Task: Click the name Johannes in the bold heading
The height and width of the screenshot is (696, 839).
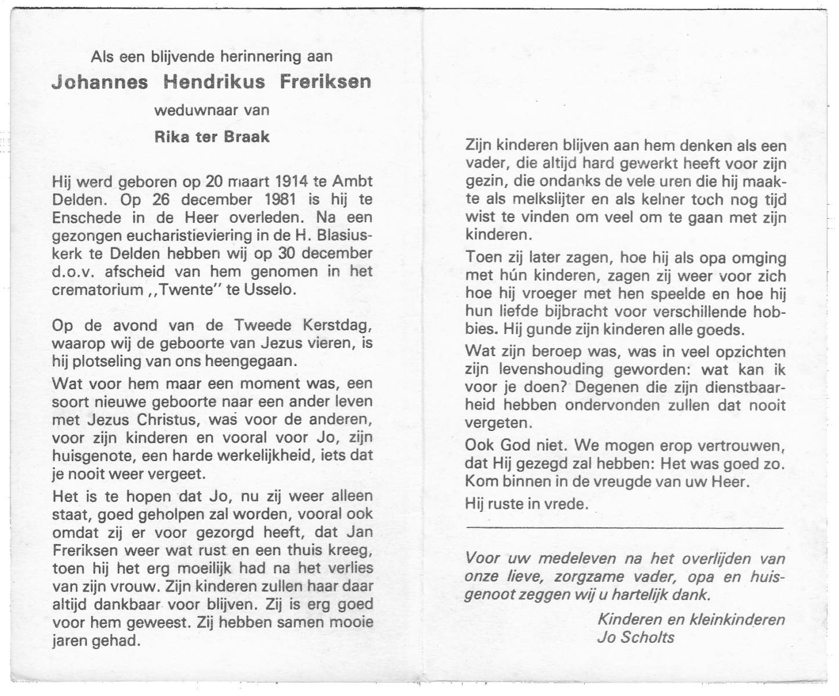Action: pos(99,82)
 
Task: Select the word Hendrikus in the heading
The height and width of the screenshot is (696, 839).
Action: pos(214,82)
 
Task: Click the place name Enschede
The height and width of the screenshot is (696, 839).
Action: pos(86,218)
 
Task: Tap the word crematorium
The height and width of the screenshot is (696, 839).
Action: pos(97,289)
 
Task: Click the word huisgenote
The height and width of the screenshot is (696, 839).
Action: pos(94,456)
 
